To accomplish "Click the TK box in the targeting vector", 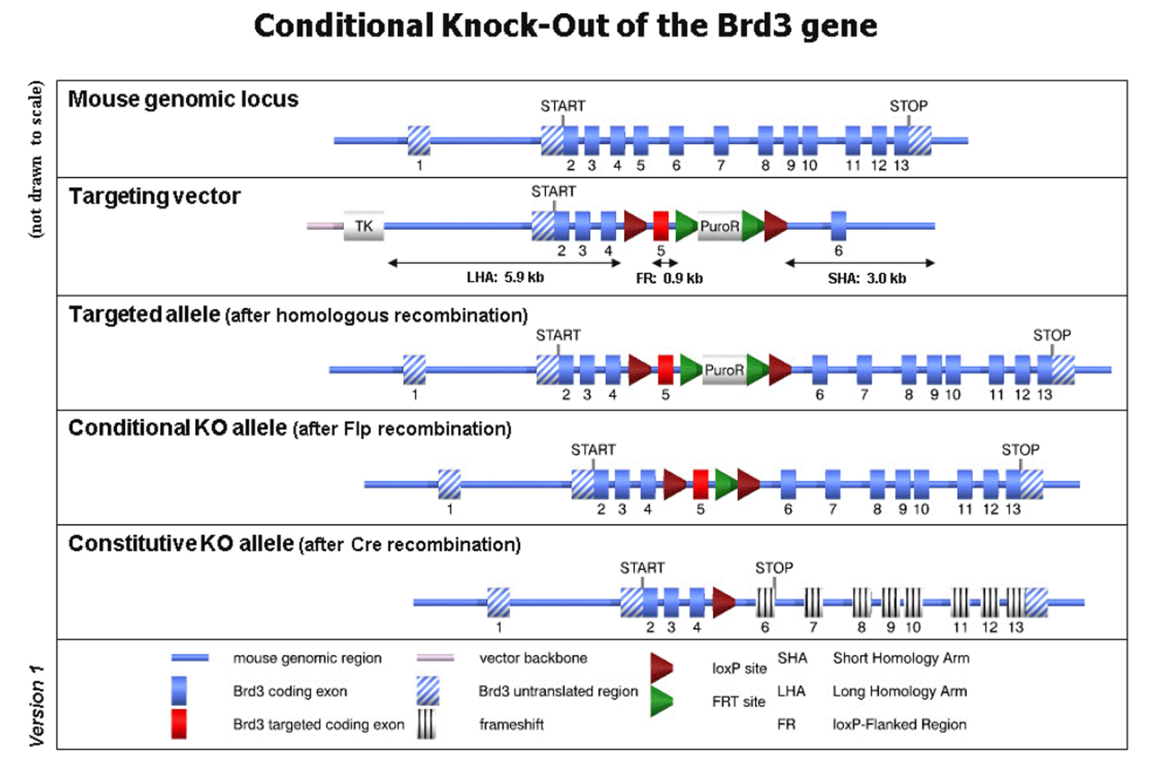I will coord(364,226).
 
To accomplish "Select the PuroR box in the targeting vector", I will coord(719,226).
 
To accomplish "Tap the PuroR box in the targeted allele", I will coord(724,370).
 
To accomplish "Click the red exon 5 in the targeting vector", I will coord(661,226).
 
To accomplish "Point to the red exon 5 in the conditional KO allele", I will coord(701,484).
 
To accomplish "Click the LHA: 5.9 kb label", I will coord(505,278).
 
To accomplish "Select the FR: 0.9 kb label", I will coord(669,279).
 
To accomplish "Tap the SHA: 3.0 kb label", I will coord(867,279).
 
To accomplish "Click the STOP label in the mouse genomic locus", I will coord(908,106).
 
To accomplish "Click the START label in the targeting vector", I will coord(553,192).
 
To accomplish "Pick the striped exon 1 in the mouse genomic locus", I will coord(419,140).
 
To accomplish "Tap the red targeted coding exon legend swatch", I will coord(179,724).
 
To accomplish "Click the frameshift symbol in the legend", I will coord(426,724).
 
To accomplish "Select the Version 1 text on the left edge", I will coord(37,705).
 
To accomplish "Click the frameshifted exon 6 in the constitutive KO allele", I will coord(765,602).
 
